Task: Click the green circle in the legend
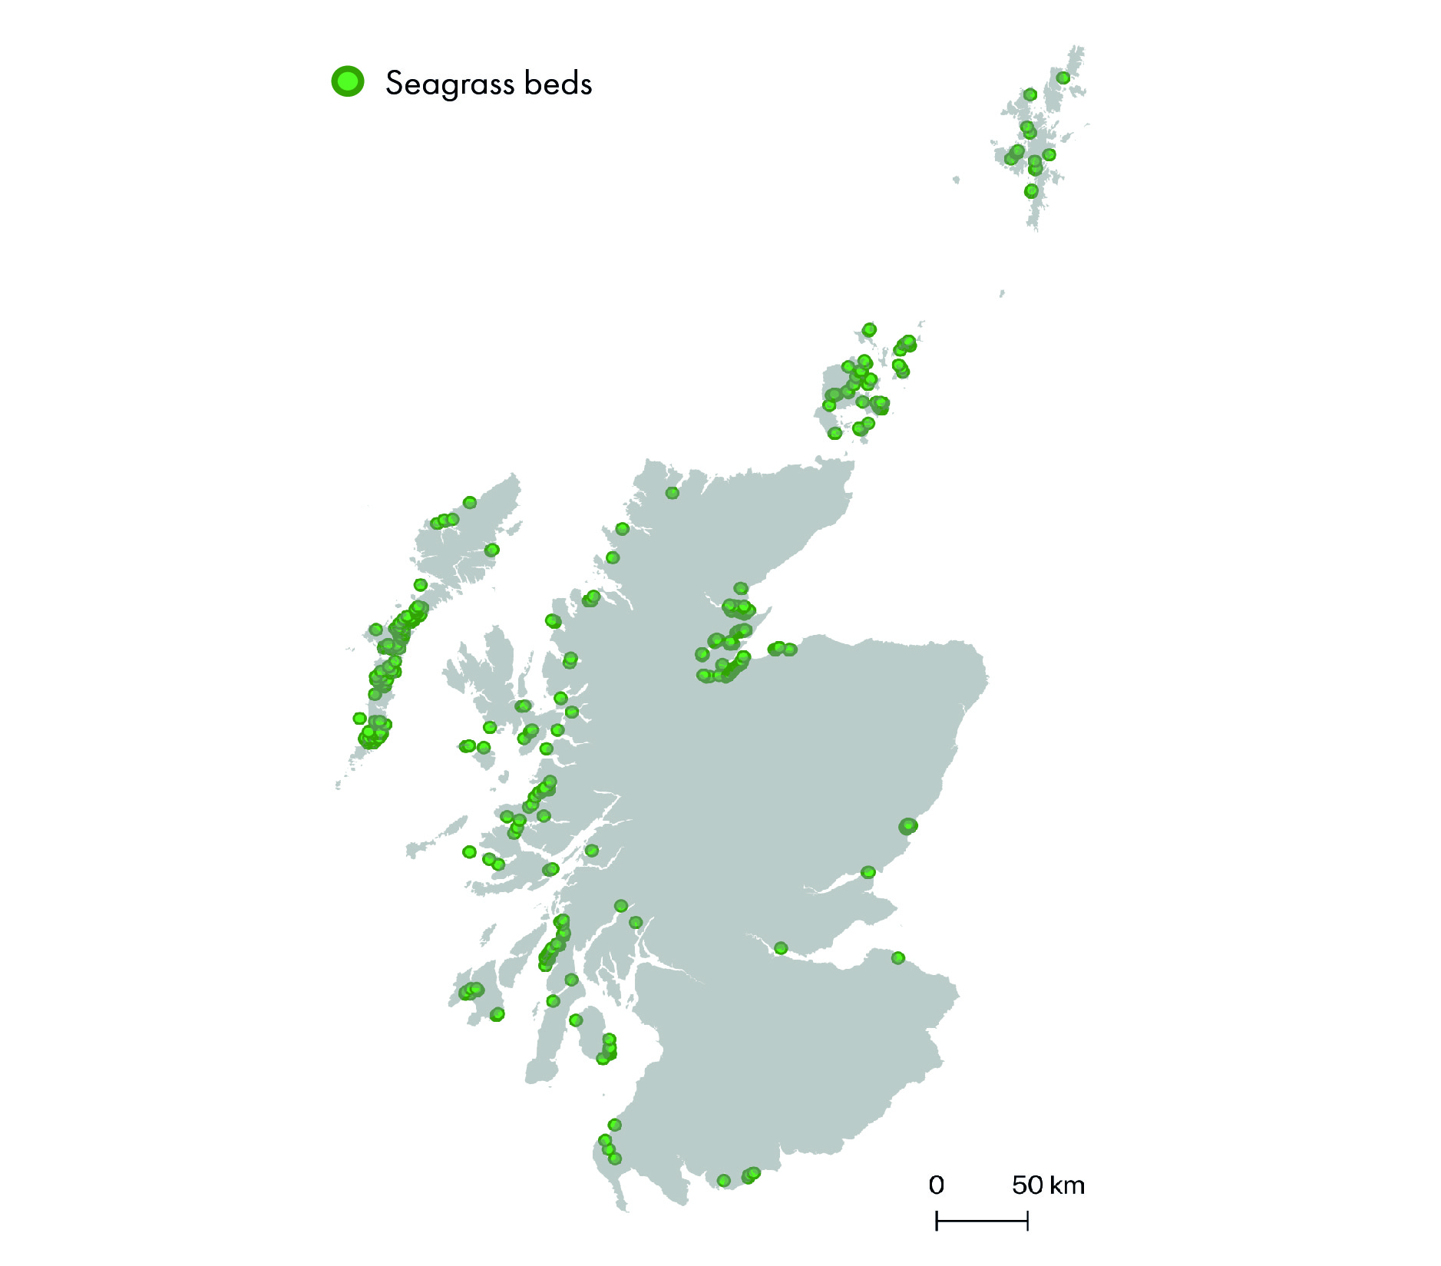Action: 348,81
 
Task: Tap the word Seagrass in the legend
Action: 449,84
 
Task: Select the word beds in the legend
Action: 558,83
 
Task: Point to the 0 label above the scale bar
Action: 936,1185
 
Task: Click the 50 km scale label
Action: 1048,1185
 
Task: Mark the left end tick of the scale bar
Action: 937,1221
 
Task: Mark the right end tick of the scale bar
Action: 1027,1221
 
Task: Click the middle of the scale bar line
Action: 982,1221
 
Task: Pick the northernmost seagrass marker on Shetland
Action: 1063,78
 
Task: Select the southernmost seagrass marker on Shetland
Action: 1031,190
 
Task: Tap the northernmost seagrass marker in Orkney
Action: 869,329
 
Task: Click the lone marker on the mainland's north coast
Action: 672,493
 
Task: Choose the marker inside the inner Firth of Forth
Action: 781,948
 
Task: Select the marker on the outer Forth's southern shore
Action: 898,957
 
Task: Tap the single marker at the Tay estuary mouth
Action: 868,872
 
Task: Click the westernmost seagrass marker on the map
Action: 359,719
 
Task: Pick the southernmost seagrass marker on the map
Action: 723,1180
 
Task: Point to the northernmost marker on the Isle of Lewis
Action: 470,503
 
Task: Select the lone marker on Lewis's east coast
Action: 492,550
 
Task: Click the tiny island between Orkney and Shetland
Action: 1002,293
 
